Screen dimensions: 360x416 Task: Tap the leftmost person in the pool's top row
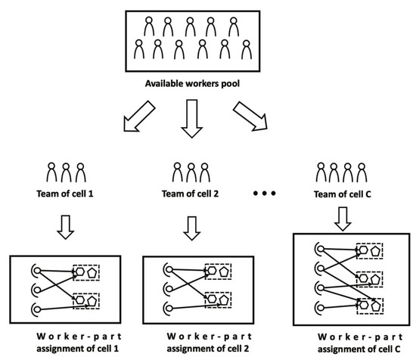point(148,26)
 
